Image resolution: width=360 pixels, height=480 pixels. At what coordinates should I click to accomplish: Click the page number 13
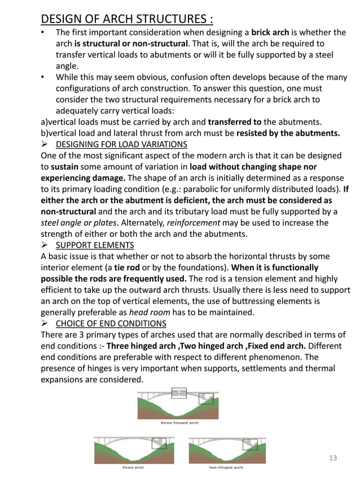click(x=332, y=458)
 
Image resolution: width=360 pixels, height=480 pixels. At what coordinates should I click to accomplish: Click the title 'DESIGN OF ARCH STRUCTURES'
click(x=127, y=19)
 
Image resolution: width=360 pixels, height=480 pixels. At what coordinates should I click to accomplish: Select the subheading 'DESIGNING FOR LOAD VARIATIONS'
click(x=121, y=144)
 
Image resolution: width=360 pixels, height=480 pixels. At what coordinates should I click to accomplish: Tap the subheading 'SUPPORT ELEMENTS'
click(x=95, y=245)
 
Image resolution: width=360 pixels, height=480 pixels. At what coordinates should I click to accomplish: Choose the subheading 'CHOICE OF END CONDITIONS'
click(x=111, y=323)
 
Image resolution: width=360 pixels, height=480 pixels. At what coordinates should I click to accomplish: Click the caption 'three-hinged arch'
click(x=179, y=422)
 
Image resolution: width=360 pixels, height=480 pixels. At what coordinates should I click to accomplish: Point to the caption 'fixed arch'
click(x=133, y=468)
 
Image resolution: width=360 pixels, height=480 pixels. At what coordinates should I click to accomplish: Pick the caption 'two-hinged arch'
click(x=226, y=468)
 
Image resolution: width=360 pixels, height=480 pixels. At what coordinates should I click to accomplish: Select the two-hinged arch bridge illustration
click(x=226, y=450)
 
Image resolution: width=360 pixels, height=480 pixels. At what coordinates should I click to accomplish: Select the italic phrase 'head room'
click(x=148, y=312)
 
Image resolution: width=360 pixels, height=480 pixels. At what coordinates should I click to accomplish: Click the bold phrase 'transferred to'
click(x=234, y=122)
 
